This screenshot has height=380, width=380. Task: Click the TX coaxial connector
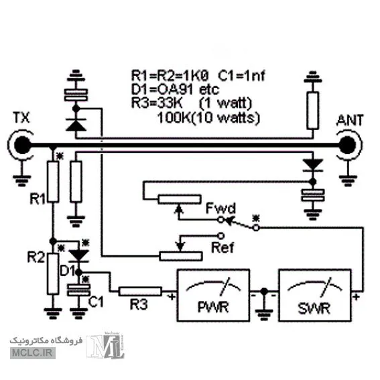click(x=22, y=145)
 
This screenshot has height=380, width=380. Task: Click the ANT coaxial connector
click(x=349, y=145)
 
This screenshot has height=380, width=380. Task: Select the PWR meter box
click(x=213, y=295)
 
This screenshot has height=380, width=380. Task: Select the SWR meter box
click(x=315, y=295)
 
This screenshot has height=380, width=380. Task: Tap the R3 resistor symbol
click(x=140, y=292)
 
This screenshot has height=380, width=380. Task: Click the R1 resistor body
click(x=53, y=182)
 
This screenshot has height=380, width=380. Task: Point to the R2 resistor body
click(x=53, y=274)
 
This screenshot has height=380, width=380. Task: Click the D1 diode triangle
click(x=79, y=255)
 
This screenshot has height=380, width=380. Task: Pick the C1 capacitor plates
click(x=79, y=290)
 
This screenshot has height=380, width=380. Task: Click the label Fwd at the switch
click(x=220, y=208)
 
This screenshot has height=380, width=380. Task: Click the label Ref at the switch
click(x=223, y=247)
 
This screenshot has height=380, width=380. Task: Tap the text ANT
click(x=350, y=120)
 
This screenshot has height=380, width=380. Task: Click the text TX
click(x=21, y=117)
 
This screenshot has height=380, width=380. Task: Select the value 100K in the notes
click(x=174, y=118)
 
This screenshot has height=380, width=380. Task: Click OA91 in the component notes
click(x=175, y=90)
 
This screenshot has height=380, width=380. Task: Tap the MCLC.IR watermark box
click(x=33, y=353)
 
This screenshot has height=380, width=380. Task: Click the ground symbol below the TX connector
click(x=22, y=180)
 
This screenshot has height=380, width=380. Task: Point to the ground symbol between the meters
click(x=264, y=314)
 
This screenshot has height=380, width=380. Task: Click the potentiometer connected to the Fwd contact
click(x=180, y=199)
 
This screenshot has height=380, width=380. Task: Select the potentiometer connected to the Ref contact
click(x=180, y=256)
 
